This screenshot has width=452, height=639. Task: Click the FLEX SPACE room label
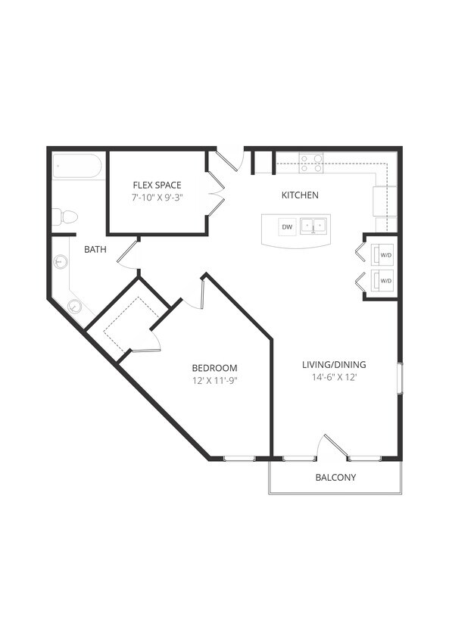157,185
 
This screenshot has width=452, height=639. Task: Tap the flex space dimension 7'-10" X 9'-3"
157,198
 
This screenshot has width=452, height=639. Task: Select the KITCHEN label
300,195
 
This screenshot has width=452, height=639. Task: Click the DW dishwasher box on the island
287,226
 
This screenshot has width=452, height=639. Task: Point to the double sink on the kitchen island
313,226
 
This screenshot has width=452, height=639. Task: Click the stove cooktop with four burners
310,162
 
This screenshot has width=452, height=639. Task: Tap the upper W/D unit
385,255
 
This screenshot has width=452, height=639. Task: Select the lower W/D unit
385,280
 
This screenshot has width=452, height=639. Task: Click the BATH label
95,249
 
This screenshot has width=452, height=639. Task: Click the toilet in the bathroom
65,217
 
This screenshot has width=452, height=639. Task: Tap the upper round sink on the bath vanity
61,262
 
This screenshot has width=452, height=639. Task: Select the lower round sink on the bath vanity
74,306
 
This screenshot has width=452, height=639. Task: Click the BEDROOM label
214,368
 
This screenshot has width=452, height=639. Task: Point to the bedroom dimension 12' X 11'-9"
214,381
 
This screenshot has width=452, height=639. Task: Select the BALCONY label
335,478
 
